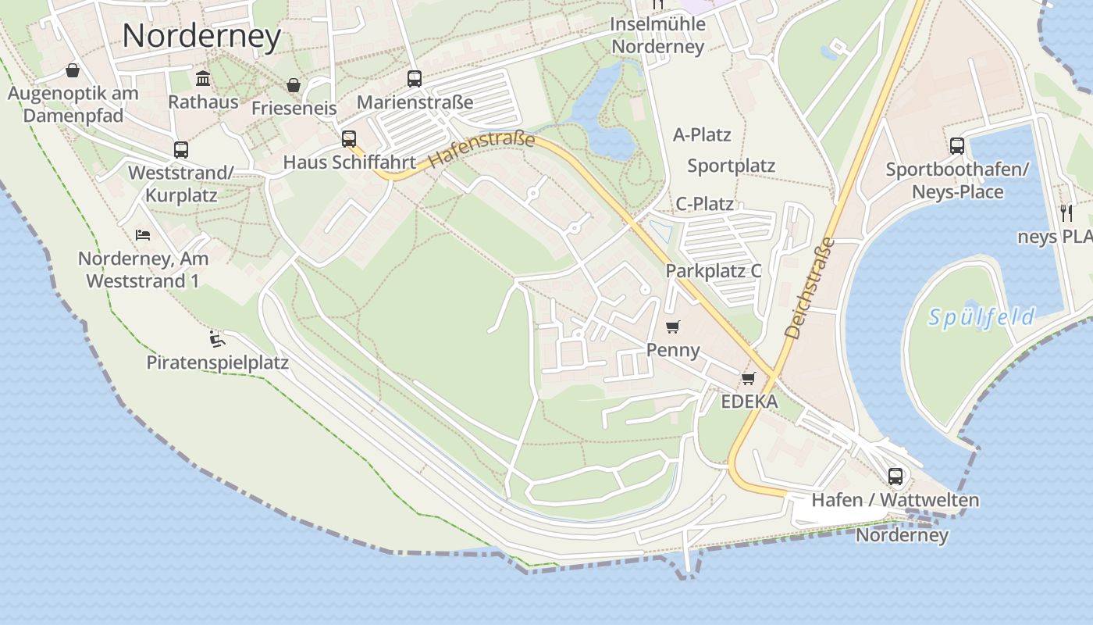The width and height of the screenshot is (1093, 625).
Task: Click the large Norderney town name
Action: point(201,36)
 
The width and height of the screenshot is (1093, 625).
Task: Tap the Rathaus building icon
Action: point(204,78)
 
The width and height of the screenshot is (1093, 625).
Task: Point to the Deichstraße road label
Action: point(810,288)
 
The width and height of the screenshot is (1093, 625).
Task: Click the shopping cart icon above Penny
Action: point(673,327)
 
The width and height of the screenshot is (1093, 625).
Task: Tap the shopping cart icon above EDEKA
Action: point(749,379)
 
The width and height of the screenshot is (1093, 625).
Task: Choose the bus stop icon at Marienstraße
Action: point(415,78)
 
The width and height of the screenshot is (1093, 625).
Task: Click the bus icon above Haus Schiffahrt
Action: point(349,139)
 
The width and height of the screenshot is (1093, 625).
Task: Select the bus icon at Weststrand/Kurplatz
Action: point(181,149)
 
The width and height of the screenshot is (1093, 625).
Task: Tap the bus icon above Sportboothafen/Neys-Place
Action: point(957,145)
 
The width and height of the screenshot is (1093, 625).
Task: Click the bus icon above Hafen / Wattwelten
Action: point(895,476)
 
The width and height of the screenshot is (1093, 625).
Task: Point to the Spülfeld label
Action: point(982,317)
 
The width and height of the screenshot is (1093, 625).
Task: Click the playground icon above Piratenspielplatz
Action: point(217,339)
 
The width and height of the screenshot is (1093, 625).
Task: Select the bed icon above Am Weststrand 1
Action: point(143,234)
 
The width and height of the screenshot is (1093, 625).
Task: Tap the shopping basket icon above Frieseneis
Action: point(294,84)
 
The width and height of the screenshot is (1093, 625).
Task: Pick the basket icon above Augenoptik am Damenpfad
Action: point(73,70)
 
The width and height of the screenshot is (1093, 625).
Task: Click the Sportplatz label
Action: point(731,166)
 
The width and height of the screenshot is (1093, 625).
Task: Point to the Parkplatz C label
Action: point(713,271)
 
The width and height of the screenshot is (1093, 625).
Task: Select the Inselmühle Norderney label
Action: point(658,35)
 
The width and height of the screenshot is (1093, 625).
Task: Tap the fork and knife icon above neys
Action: point(1066,212)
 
